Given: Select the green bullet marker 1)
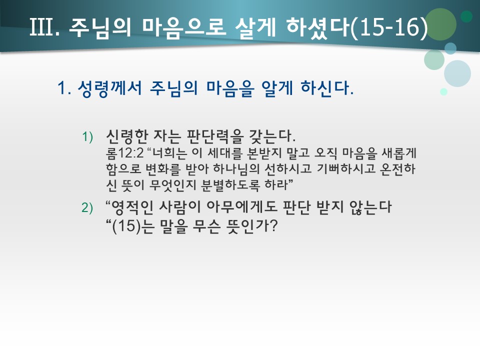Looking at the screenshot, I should [x=88, y=136].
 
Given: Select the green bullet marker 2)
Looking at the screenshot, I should [x=88, y=209].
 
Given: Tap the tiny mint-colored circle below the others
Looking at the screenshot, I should [x=443, y=91].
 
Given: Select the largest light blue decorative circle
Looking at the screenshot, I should [x=457, y=73].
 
